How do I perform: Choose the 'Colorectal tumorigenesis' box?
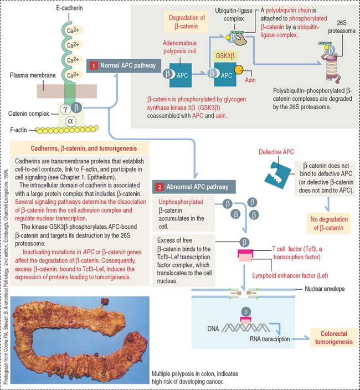pos(331,338)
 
